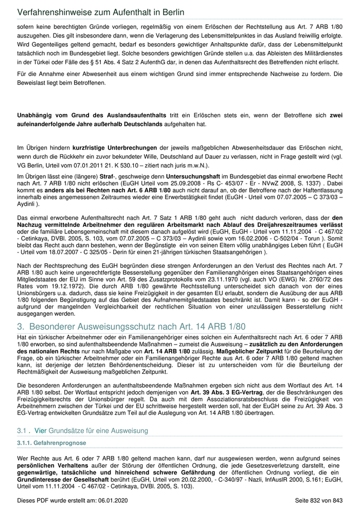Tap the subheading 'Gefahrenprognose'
pos(61,443)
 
